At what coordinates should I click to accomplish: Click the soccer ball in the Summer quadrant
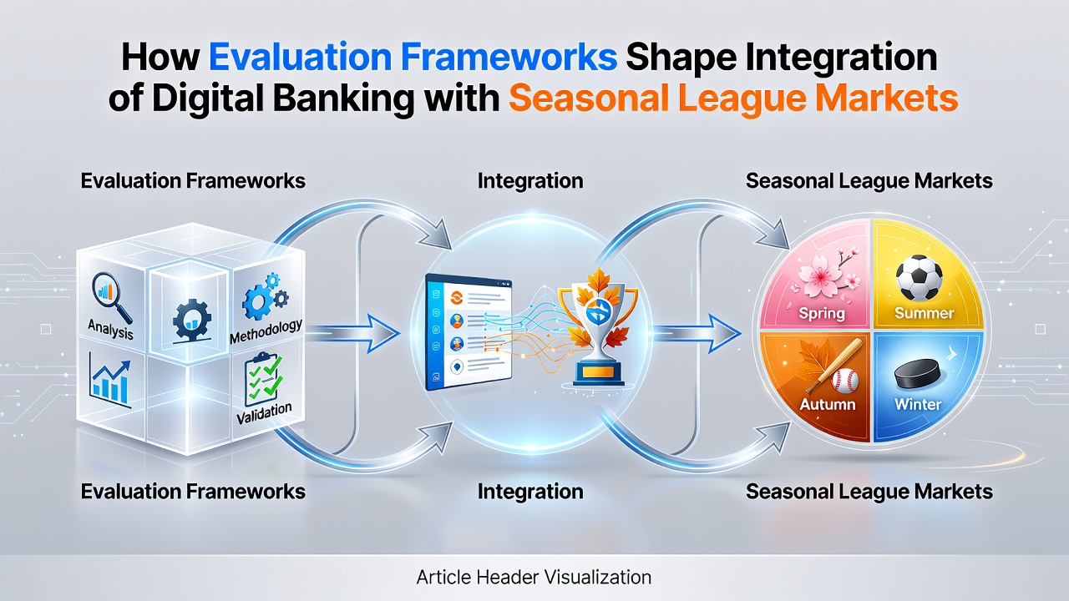coord(919,278)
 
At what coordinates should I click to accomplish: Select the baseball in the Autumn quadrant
coord(845,381)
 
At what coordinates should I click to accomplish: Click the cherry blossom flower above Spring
coord(820,275)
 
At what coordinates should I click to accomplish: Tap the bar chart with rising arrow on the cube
coord(110,381)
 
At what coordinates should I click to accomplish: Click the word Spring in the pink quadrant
coord(821,314)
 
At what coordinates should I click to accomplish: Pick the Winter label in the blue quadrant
coord(918,405)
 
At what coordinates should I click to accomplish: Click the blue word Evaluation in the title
coord(301,58)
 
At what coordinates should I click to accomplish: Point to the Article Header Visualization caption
coord(534,577)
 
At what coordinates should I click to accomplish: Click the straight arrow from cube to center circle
coord(352,333)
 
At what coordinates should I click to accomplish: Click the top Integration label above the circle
coord(530,182)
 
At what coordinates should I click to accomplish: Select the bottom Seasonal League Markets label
coord(869,492)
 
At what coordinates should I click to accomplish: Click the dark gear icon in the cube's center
coord(191,320)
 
